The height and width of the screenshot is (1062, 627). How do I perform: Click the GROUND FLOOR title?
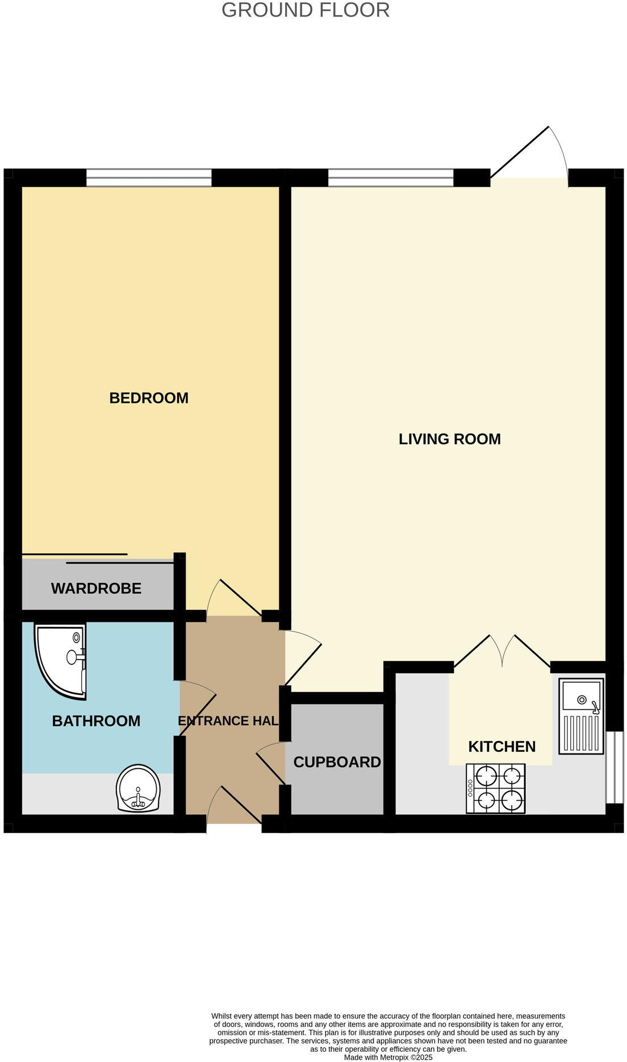point(305,10)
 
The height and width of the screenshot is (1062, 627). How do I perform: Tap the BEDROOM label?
point(149,398)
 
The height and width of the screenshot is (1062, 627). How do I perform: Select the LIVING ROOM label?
point(449,439)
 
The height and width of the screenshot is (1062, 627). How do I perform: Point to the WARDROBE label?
point(96,588)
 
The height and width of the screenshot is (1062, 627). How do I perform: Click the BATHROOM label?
point(96,721)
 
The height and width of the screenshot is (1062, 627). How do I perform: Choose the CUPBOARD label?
point(337,762)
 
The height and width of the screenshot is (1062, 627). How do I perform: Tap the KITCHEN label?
point(501,747)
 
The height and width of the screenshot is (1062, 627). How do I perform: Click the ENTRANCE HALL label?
point(228,721)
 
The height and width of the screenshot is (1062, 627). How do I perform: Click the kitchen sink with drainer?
point(580,716)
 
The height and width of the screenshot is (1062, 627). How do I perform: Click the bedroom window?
point(149,178)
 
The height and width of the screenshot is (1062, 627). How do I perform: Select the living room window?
point(391,178)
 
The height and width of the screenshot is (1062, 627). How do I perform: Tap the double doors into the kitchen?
point(502,653)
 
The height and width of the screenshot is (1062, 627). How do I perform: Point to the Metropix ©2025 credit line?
point(388,1057)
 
